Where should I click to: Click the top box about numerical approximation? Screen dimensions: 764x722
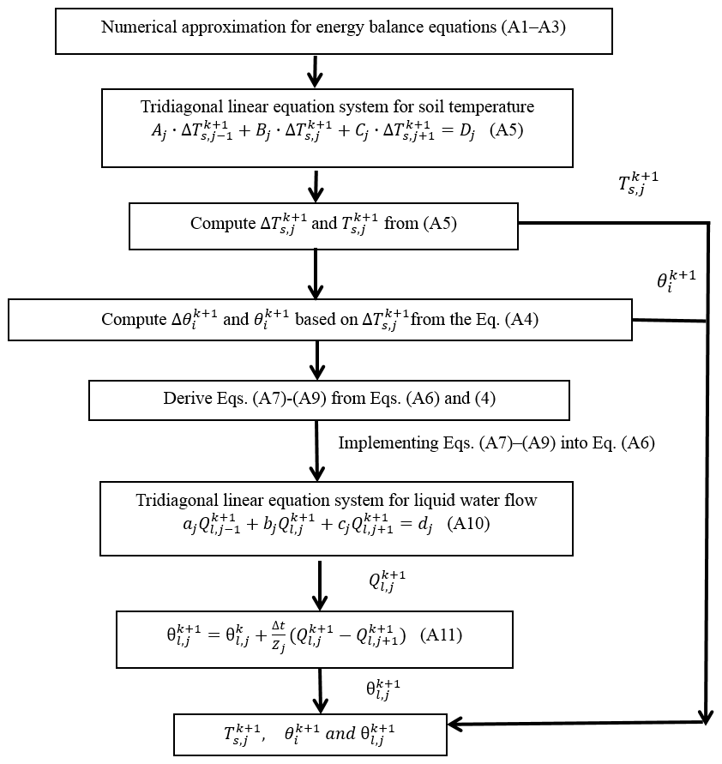(334, 32)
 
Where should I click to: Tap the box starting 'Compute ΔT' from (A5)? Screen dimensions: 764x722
(323, 226)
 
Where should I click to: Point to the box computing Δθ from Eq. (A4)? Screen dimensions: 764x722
(320, 320)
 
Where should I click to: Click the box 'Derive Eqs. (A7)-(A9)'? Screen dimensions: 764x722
(328, 400)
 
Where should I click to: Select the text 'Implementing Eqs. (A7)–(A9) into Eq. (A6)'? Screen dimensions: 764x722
(496, 443)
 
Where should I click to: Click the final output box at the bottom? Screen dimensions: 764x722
(310, 734)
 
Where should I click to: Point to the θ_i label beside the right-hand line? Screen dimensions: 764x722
(675, 280)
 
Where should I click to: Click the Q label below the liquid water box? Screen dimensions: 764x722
(386, 581)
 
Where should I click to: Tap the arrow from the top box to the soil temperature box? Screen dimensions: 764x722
(316, 71)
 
